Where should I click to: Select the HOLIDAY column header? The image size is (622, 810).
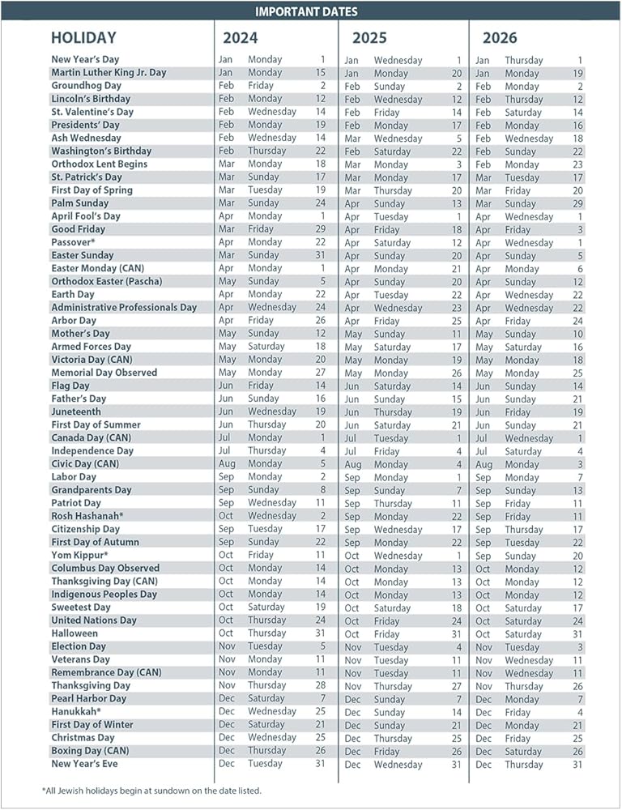[83, 38]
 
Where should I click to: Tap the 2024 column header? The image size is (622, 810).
[241, 38]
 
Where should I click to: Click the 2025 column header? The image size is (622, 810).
[369, 38]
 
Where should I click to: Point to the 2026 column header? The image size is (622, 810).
[500, 38]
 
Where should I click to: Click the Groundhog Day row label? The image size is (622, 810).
[86, 85]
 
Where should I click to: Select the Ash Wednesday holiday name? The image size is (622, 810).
[86, 138]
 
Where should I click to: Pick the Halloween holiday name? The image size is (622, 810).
[75, 633]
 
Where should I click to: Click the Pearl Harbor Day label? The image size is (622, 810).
[89, 698]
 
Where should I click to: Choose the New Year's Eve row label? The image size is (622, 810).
[84, 764]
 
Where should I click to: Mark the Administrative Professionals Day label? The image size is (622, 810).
[124, 307]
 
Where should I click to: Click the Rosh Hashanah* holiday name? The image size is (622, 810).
[87, 516]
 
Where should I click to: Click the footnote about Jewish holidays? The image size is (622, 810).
[151, 790]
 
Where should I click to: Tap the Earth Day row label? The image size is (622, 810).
[73, 294]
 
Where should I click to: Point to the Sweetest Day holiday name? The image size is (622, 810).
[81, 607]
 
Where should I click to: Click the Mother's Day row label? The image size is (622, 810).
[80, 334]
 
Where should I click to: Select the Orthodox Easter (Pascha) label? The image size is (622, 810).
[107, 281]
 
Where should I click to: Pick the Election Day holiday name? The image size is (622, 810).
[79, 646]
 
